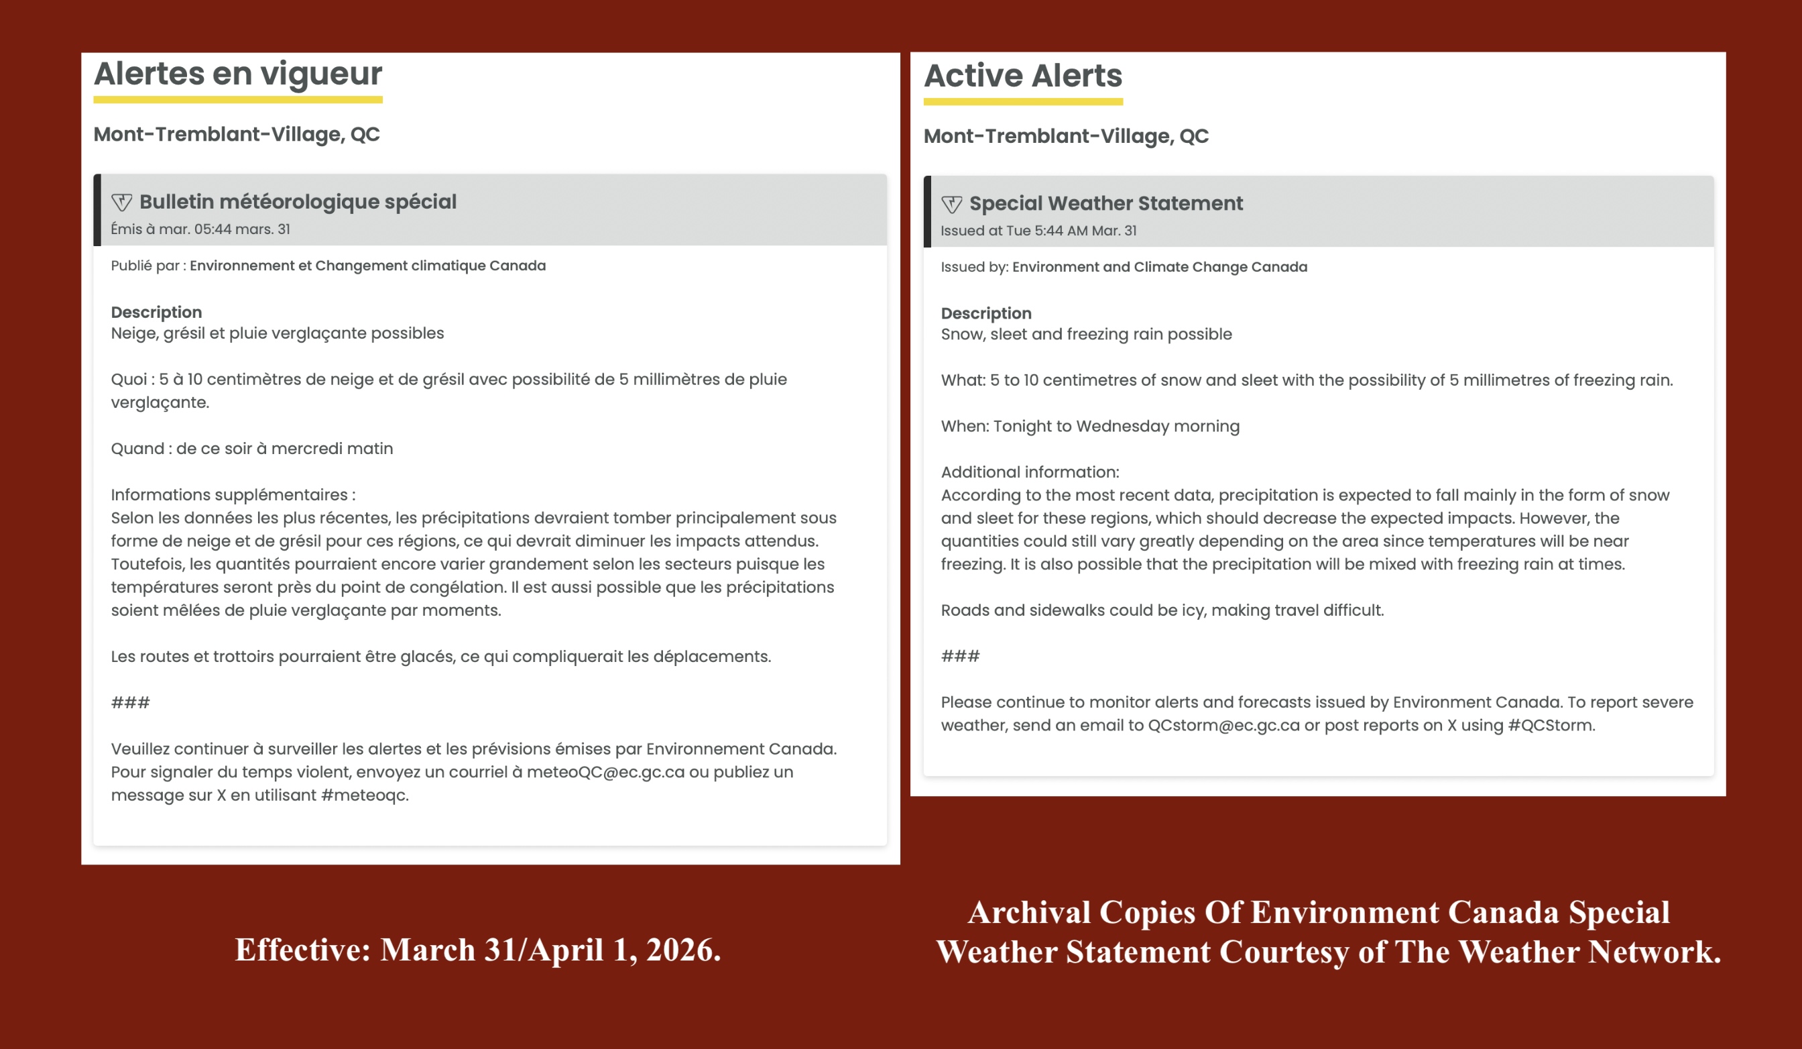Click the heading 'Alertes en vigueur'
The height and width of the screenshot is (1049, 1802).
point(237,74)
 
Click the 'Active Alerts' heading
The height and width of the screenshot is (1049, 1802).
point(1022,76)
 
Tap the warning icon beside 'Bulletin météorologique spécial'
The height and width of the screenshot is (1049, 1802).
point(121,203)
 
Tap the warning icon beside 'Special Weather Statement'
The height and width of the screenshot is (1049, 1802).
point(951,205)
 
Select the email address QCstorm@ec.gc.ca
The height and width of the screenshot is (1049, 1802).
point(1223,726)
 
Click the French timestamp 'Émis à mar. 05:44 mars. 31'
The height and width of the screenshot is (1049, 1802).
point(200,229)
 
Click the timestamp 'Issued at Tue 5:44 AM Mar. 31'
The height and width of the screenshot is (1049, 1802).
point(1038,231)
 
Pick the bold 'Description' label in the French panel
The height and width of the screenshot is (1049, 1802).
point(156,312)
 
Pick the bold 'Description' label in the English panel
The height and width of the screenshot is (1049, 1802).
point(986,313)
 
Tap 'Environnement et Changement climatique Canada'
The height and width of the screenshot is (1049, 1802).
point(367,266)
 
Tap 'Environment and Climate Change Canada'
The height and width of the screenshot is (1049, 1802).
point(1159,268)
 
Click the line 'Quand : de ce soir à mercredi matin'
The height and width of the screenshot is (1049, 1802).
point(251,449)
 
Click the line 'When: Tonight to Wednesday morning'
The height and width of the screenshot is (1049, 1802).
point(1090,427)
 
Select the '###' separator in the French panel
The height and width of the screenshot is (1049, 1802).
point(130,703)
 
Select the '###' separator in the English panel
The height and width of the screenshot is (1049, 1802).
point(959,656)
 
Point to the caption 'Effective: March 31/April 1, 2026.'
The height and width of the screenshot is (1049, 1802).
point(478,950)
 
